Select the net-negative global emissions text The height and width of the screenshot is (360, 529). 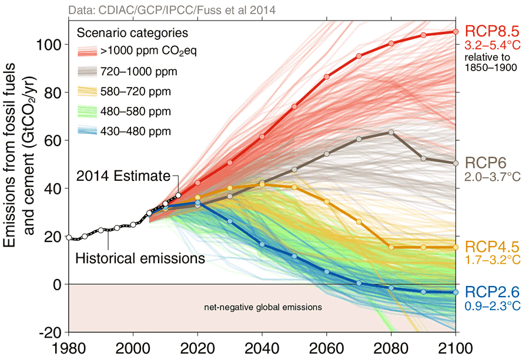click(263, 307)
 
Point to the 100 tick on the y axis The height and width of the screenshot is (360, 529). click(53, 45)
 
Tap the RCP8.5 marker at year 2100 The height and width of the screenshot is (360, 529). click(455, 32)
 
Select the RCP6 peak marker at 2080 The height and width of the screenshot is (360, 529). click(391, 132)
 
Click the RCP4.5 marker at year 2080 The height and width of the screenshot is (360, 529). click(391, 247)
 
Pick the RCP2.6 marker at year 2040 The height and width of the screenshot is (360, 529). click(262, 244)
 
